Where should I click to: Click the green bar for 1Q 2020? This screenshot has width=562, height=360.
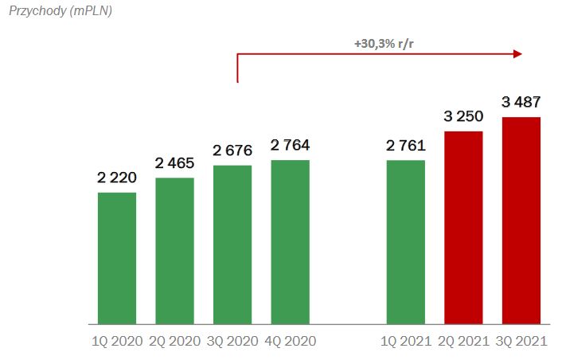click(117, 259)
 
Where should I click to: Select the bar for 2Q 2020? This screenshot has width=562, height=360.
click(174, 252)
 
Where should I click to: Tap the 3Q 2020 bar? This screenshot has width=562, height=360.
click(232, 245)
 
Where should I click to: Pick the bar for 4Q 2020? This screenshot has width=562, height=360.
click(290, 243)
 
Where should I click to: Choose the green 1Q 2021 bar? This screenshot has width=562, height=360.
click(406, 243)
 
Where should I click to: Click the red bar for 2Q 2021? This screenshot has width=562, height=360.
click(463, 229)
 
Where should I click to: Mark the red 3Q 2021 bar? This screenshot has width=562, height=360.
click(521, 221)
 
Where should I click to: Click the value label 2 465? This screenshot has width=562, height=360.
click(174, 162)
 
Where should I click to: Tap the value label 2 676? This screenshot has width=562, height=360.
click(232, 150)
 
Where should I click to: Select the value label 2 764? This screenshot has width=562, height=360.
click(290, 145)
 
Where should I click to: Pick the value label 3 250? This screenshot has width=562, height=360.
click(463, 116)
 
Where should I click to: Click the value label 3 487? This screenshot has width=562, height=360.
click(521, 102)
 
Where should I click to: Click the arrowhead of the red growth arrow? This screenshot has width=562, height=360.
click(517, 54)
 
